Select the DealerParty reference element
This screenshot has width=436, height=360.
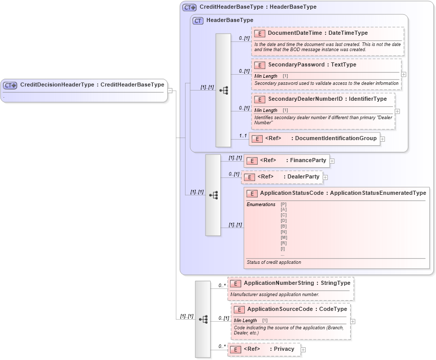coord(284,177)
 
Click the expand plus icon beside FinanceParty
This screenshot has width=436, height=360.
coord(332,161)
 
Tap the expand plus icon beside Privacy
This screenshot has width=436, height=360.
coord(303,350)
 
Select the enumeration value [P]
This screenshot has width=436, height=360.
coord(283,205)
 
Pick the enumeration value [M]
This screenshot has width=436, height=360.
coord(283,238)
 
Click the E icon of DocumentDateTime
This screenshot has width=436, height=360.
coord(259,33)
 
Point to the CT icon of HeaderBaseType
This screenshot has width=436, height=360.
coord(198,20)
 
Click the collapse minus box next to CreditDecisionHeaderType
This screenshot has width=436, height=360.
coord(170,91)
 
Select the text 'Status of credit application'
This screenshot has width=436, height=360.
coord(273,262)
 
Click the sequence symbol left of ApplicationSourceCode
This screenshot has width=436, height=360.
coord(203,319)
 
